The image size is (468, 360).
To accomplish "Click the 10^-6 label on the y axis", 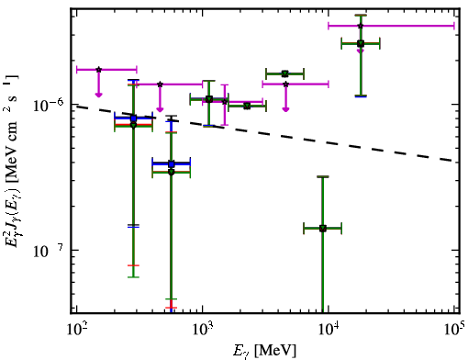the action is click(49, 105).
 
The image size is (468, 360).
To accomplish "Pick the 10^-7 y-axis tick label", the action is click(49, 251).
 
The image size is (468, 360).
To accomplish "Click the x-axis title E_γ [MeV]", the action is click(265, 351).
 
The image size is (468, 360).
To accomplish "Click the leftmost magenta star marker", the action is click(98, 70).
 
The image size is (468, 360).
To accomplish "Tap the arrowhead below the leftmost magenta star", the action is click(98, 95).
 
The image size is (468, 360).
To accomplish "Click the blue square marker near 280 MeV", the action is click(133, 118).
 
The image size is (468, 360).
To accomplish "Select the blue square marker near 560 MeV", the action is click(172, 164).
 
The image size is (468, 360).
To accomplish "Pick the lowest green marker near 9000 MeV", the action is click(323, 229).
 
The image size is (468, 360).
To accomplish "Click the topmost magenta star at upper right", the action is click(361, 26).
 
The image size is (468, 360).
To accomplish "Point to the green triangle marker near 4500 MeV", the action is click(285, 73).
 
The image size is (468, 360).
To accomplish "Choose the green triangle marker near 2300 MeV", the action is click(247, 107).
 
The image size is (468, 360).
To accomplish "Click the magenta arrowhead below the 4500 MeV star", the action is click(285, 109).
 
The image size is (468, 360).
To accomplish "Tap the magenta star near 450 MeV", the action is click(160, 84).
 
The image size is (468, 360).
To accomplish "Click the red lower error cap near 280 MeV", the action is click(133, 265).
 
